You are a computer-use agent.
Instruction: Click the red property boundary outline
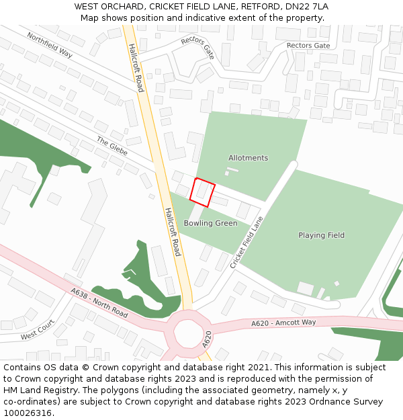click(x=202, y=192)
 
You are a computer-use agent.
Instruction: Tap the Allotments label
click(x=248, y=158)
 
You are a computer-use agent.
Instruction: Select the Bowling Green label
click(x=210, y=223)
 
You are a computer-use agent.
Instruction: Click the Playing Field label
click(x=321, y=235)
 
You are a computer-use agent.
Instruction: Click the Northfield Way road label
click(x=50, y=45)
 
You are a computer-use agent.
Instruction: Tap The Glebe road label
click(x=111, y=146)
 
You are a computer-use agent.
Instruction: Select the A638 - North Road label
click(x=99, y=302)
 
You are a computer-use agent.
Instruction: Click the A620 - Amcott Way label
click(x=283, y=323)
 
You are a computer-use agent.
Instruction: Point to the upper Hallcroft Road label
click(x=136, y=68)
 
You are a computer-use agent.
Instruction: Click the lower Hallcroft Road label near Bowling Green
click(x=173, y=231)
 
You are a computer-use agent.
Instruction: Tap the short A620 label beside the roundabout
click(x=208, y=339)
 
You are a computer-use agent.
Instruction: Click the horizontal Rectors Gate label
click(x=308, y=46)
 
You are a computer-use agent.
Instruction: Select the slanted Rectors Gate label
click(x=197, y=48)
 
